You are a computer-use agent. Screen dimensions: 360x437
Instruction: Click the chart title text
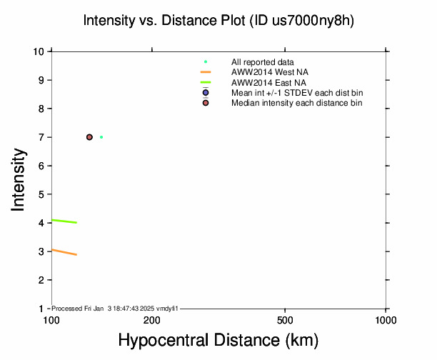point(218,21)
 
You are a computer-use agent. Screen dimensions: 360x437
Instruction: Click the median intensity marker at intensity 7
point(89,137)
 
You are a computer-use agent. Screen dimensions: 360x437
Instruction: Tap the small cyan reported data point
point(101,137)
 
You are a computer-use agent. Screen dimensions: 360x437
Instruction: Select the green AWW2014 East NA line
point(64,221)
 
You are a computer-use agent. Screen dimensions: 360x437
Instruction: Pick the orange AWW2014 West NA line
point(64,252)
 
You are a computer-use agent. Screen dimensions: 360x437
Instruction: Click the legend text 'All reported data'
point(262,62)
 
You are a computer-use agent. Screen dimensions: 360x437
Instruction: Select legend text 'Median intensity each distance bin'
point(296,103)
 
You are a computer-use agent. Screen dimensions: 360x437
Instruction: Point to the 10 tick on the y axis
point(41,51)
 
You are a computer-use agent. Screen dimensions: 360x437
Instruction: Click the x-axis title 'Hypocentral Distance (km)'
point(218,341)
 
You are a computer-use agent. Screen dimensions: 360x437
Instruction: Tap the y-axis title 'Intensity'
point(19,180)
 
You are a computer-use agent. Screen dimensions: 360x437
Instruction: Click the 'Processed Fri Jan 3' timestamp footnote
point(115,308)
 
